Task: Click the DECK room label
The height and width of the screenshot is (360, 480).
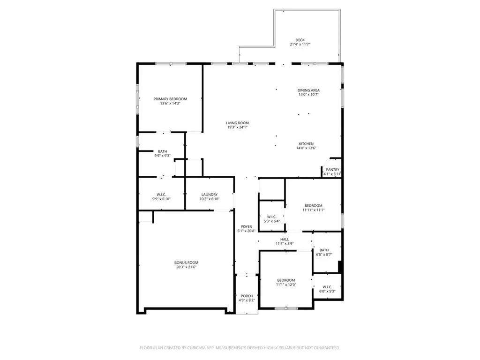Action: click(x=300, y=40)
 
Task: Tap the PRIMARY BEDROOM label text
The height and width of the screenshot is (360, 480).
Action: click(x=170, y=99)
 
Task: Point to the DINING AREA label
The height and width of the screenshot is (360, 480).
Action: click(x=308, y=90)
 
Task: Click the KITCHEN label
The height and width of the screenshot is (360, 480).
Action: click(x=307, y=144)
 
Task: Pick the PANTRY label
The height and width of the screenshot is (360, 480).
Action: click(x=333, y=170)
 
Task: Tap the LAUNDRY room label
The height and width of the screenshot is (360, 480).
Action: click(x=210, y=195)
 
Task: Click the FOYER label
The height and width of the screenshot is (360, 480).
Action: click(x=247, y=226)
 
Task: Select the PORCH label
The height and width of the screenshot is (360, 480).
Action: click(x=247, y=296)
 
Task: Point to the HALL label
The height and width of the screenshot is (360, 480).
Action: click(x=285, y=240)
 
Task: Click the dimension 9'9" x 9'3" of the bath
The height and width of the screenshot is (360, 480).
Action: click(x=162, y=156)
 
